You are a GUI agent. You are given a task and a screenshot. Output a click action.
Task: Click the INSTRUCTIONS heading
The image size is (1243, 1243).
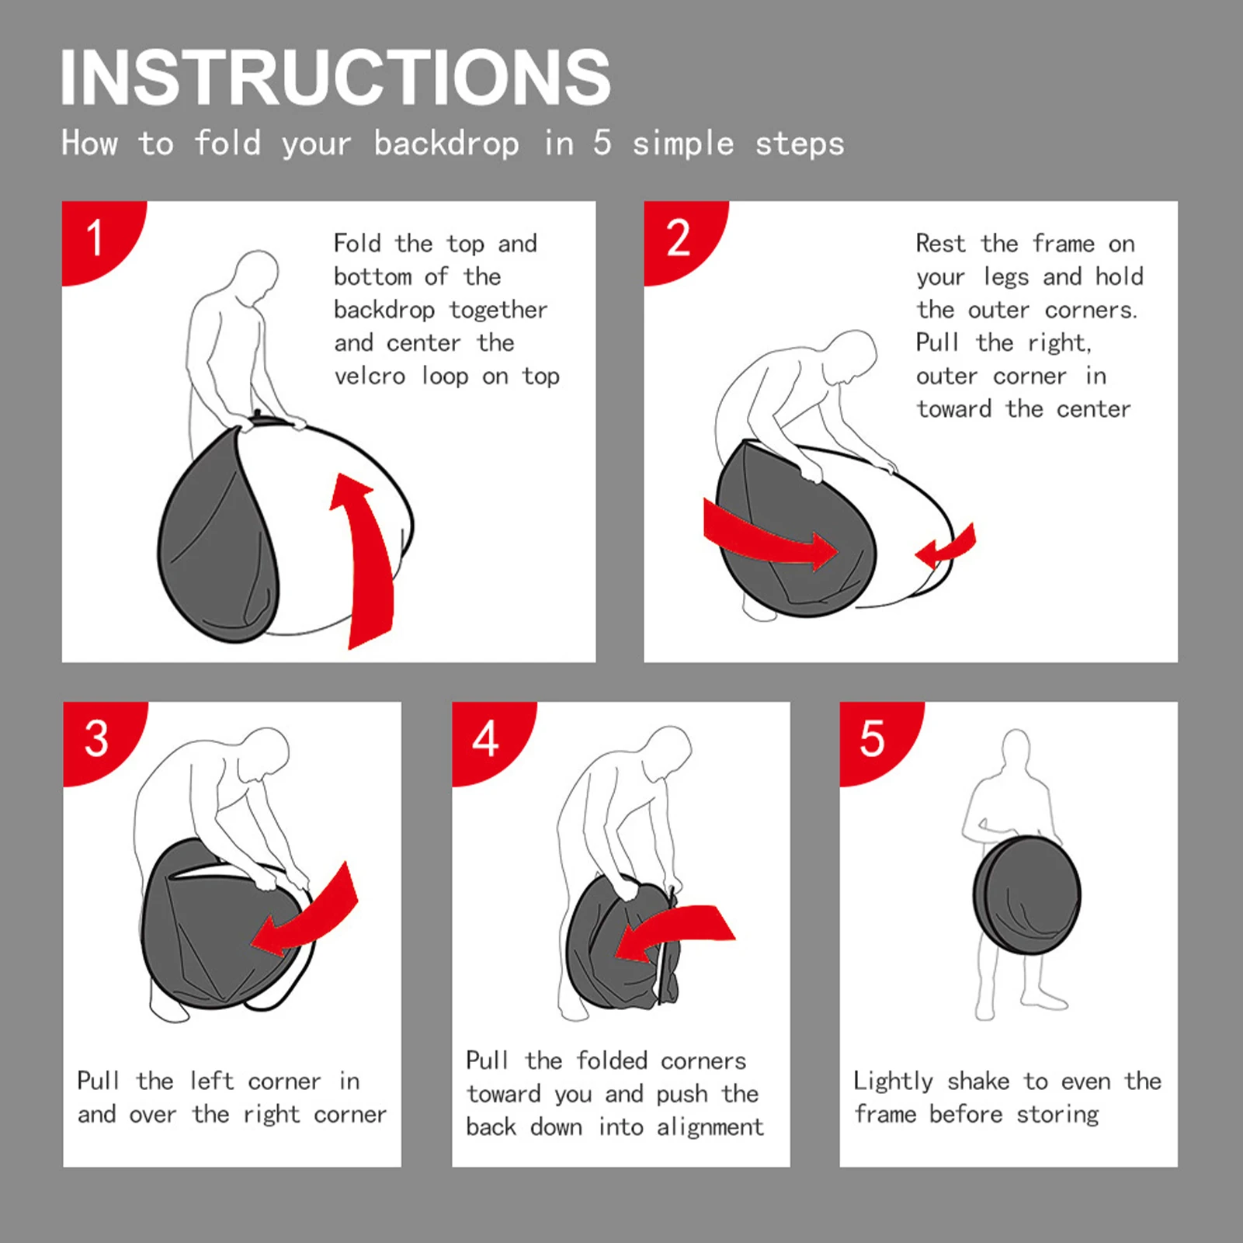pyautogui.click(x=335, y=77)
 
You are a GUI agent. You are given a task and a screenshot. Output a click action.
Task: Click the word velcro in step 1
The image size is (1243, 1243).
pyautogui.click(x=370, y=377)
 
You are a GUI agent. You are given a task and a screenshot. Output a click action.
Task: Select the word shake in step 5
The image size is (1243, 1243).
pyautogui.click(x=978, y=1081)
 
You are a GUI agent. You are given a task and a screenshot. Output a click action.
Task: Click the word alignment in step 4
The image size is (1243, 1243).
pyautogui.click(x=710, y=1127)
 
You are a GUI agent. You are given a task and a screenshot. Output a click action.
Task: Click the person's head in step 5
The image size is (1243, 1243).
pyautogui.click(x=1016, y=749)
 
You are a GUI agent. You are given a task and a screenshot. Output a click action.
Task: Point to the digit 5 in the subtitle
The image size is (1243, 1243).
pyautogui.click(x=602, y=144)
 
